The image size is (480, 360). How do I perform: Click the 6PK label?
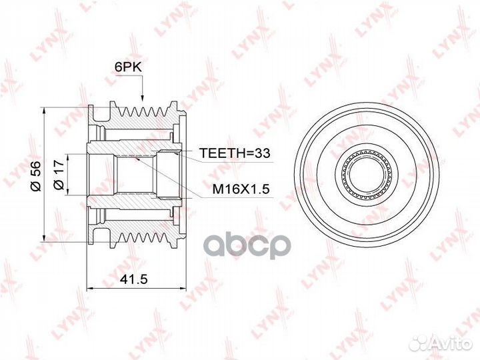click(128, 67)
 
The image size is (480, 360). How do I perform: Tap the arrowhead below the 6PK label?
click(142, 97)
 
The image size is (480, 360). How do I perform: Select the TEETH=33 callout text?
click(235, 153)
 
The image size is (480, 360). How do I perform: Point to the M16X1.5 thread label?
click(241, 189)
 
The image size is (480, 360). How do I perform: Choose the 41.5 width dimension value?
click(134, 279)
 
